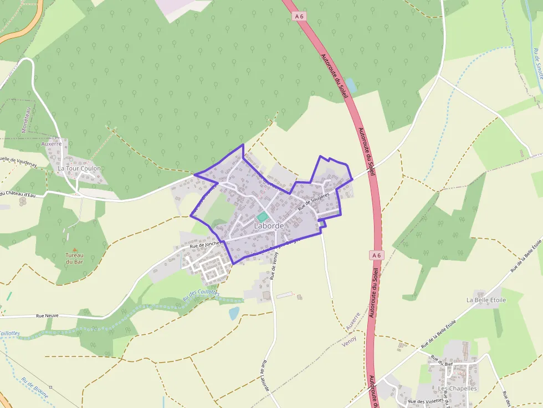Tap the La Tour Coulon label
[79, 168]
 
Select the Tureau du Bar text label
[74, 259]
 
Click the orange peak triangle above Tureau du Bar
[75, 249]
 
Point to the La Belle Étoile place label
[486, 300]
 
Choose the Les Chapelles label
[458, 389]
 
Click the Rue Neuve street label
[48, 316]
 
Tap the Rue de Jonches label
[205, 244]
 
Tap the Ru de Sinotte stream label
[537, 62]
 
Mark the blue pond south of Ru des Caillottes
[234, 313]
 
